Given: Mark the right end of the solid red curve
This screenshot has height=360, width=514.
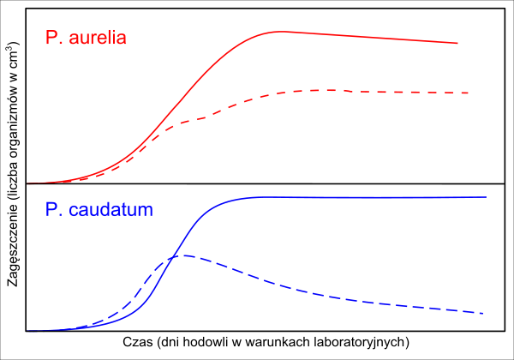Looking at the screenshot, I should point(457,43).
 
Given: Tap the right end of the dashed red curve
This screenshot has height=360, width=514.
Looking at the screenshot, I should point(469,93).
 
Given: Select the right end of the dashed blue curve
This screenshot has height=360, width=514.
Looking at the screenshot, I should point(484,314).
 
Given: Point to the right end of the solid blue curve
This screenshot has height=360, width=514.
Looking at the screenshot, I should point(486,197).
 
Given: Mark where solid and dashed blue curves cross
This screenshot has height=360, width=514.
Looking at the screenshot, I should point(170,257).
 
